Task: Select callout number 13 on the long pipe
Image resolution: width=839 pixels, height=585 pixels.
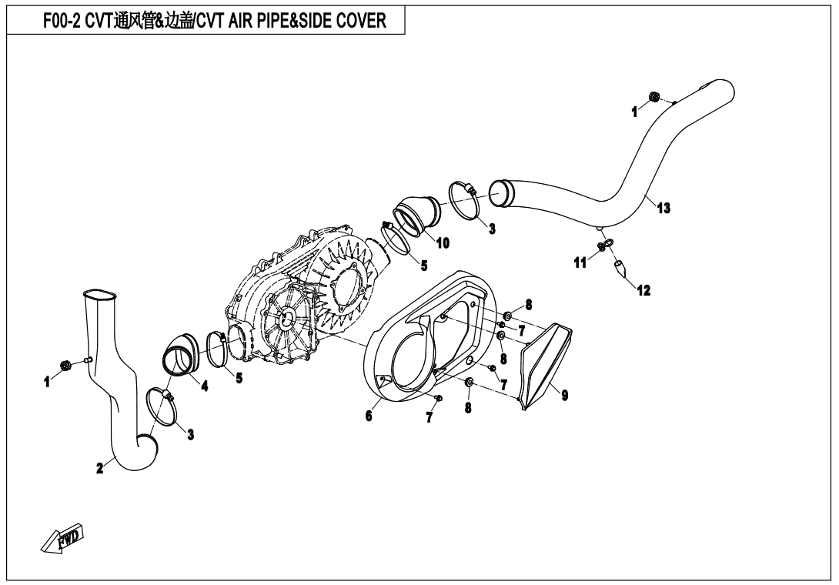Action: pyautogui.click(x=664, y=208)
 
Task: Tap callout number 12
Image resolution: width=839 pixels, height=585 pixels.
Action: pyautogui.click(x=643, y=291)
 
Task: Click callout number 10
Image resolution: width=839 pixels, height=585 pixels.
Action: pyautogui.click(x=443, y=243)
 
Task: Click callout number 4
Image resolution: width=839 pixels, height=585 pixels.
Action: pyautogui.click(x=205, y=386)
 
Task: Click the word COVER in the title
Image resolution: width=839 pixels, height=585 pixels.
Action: pyautogui.click(x=359, y=21)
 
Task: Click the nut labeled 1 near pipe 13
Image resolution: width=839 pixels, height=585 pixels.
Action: pyautogui.click(x=654, y=97)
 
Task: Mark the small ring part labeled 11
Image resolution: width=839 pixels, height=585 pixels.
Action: pyautogui.click(x=605, y=246)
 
